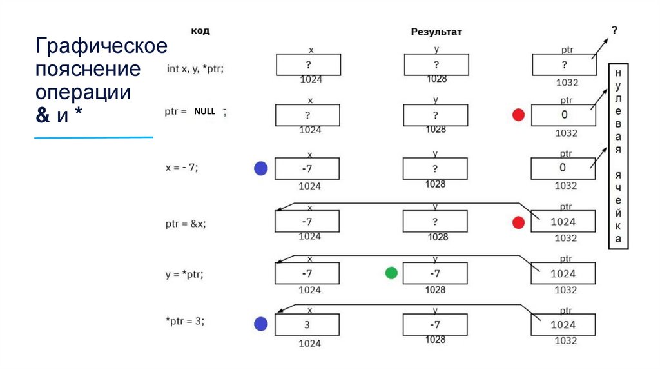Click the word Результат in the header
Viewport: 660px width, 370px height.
[x=436, y=32]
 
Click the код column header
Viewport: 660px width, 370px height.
[x=200, y=30]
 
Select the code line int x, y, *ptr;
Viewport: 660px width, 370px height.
[x=195, y=68]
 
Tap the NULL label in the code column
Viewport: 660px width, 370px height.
[x=204, y=112]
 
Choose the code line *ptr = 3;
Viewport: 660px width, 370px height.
[x=186, y=320]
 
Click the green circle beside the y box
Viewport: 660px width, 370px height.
[x=391, y=273]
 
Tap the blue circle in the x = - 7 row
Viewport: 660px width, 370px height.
[x=260, y=169]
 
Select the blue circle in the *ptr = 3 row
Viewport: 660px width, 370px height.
[x=260, y=324]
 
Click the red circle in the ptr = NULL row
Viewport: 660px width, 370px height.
[x=518, y=115]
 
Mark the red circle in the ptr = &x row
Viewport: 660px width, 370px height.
[x=518, y=222]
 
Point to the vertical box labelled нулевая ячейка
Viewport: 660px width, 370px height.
[x=618, y=155]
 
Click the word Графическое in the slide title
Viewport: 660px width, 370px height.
[x=102, y=46]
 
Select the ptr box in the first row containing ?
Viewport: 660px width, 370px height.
[x=564, y=64]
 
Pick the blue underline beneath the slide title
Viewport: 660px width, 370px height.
[x=93, y=137]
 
